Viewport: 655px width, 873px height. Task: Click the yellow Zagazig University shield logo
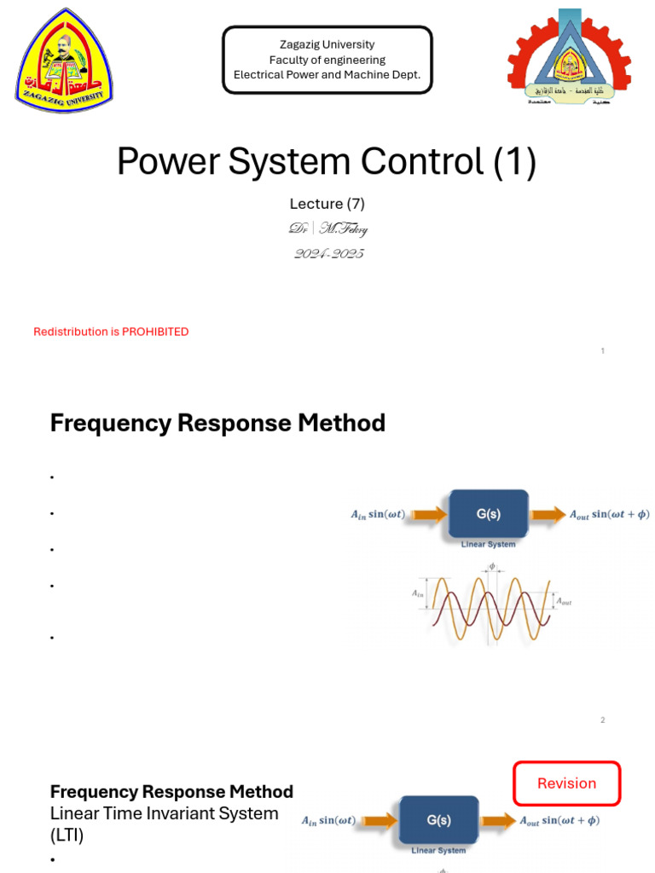[x=64, y=61]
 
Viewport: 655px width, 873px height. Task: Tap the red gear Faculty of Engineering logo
[x=569, y=60]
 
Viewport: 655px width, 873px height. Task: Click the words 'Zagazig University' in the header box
[x=327, y=44]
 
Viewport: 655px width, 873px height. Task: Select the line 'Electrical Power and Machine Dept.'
[x=327, y=75]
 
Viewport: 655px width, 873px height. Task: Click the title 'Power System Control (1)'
[x=327, y=162]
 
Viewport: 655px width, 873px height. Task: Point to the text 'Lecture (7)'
[x=327, y=204]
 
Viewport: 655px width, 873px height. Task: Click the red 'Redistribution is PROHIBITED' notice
[x=111, y=332]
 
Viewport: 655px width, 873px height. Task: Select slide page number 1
[x=603, y=351]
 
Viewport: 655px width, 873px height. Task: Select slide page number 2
[x=602, y=720]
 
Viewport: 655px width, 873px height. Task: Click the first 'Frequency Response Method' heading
[x=217, y=423]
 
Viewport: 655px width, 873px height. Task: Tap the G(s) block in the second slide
[x=488, y=514]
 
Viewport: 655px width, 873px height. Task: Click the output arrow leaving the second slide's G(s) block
[x=548, y=514]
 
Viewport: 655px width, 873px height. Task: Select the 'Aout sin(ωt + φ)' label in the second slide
[x=609, y=514]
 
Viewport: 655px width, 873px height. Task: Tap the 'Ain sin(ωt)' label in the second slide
[x=378, y=514]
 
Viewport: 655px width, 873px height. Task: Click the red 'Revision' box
[x=566, y=783]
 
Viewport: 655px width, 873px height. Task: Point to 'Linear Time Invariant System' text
[x=164, y=813]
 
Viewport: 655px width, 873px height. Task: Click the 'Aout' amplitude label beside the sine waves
[x=564, y=602]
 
